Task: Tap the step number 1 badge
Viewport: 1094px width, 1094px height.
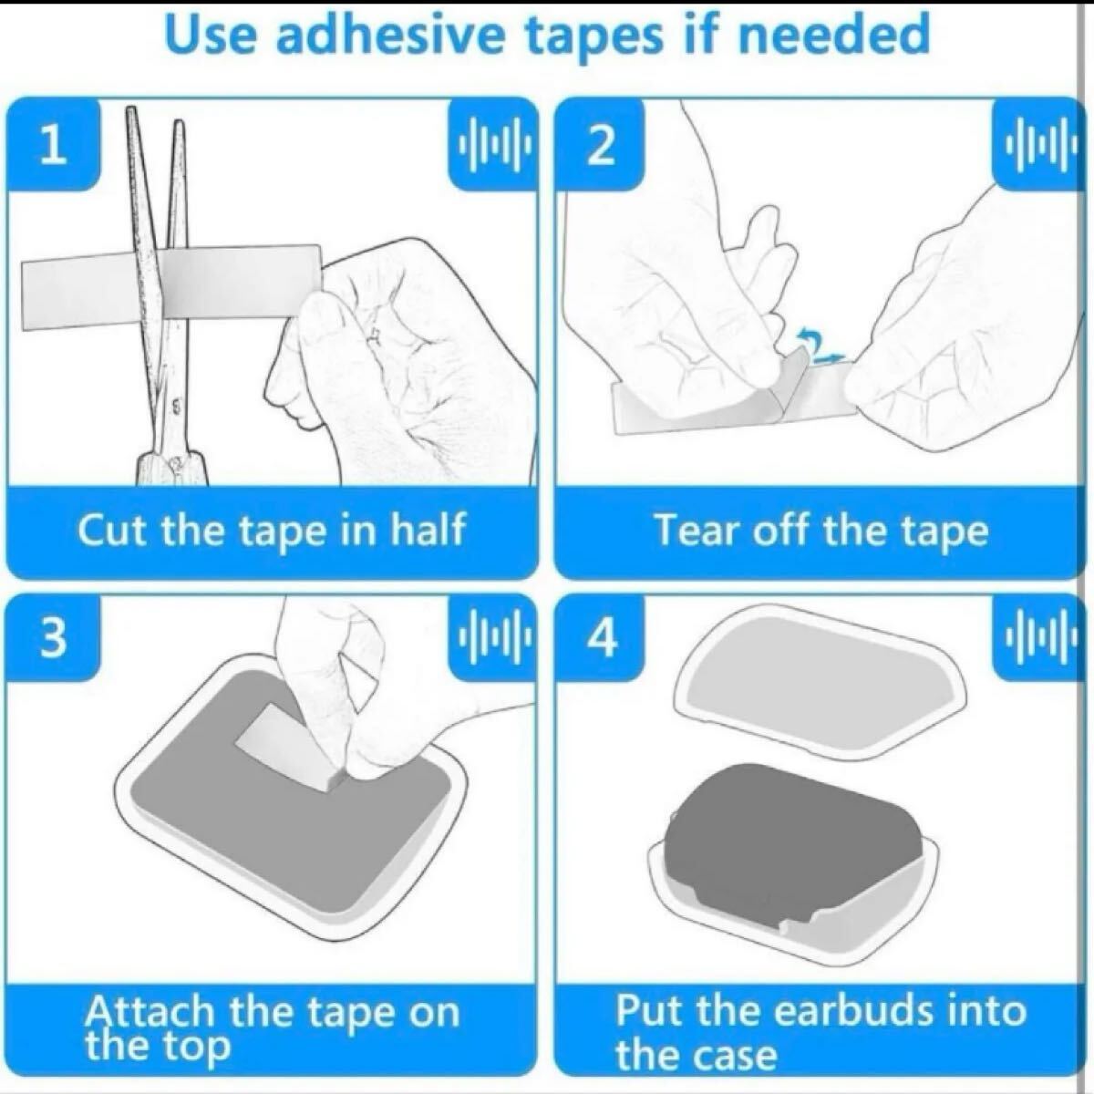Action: [x=54, y=145]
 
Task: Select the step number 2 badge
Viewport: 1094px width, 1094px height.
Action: [x=600, y=145]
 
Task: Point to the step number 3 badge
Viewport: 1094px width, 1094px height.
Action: [x=54, y=637]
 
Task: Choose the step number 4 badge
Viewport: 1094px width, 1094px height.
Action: [x=600, y=637]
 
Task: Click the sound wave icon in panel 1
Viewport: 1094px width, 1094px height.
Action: [x=493, y=145]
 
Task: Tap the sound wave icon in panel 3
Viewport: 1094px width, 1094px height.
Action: [x=493, y=637]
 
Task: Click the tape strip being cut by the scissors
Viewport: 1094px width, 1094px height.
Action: [x=171, y=288]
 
